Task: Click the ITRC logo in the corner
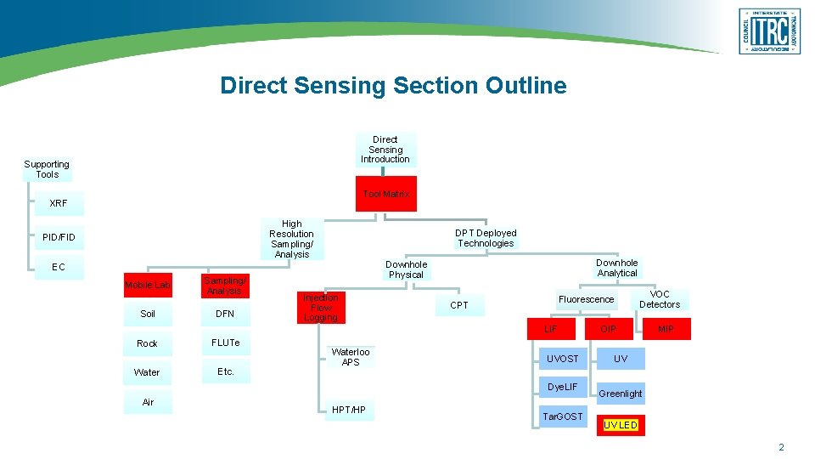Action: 769,31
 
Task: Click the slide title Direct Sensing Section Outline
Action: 393,85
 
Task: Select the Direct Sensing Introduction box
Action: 385,150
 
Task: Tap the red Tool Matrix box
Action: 385,194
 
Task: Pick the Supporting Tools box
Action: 47,169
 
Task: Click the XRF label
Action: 59,203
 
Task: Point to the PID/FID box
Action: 59,237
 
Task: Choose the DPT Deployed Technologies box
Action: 485,238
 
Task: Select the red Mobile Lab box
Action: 148,285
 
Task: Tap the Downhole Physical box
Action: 406,269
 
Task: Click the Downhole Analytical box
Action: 616,268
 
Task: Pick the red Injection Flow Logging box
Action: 321,308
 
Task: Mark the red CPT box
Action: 459,305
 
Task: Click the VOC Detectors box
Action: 660,299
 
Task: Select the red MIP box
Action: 666,329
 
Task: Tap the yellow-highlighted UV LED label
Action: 621,425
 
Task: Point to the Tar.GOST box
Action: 562,416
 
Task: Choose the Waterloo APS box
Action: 351,357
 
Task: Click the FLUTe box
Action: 225,343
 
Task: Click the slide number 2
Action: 781,447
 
